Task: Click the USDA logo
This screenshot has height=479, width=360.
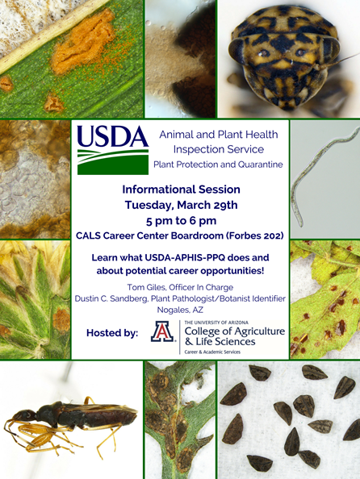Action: coord(113,150)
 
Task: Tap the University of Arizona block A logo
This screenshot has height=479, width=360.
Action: coord(162,331)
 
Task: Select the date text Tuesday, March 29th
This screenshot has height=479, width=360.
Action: coord(181,205)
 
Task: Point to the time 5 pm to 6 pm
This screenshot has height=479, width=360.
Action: coord(181,221)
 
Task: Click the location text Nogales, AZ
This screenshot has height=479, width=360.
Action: coord(180,310)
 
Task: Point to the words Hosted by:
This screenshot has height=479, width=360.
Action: coord(112,333)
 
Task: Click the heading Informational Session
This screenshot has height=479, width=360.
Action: coord(181,190)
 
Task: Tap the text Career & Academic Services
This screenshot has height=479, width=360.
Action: coord(212,352)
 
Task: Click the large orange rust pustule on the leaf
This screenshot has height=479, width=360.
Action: coord(83,43)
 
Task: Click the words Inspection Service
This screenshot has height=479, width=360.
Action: coord(219,149)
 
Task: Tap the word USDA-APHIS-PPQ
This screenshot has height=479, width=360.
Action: coord(185,257)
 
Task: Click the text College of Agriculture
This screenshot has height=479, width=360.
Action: coord(235,331)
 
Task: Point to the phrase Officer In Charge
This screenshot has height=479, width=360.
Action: coord(201,287)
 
